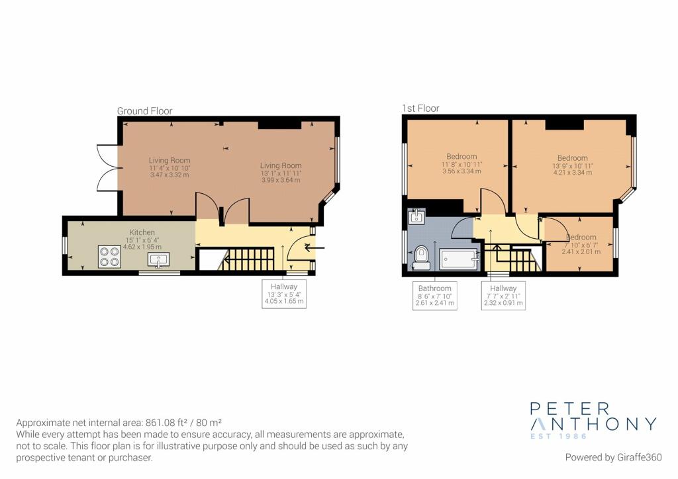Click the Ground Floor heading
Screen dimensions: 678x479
(144, 111)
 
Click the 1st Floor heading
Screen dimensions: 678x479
(420, 109)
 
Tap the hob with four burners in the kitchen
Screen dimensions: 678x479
(109, 257)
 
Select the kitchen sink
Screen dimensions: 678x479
(159, 260)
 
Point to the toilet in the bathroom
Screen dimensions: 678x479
(420, 257)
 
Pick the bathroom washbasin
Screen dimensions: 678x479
(416, 216)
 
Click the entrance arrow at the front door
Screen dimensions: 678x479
(315, 248)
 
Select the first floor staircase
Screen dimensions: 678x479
(512, 258)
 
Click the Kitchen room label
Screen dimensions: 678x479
(142, 232)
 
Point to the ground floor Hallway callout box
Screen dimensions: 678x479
(284, 294)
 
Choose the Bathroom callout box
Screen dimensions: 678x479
(434, 296)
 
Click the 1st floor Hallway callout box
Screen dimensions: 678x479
(503, 296)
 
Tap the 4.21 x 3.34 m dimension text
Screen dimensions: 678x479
(573, 172)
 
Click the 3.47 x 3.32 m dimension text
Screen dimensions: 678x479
(169, 175)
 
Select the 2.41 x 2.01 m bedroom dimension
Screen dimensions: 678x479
(581, 251)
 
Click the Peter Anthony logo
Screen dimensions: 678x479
(593, 420)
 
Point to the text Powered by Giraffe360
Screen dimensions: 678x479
(613, 457)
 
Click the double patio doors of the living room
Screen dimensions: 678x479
(107, 167)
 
